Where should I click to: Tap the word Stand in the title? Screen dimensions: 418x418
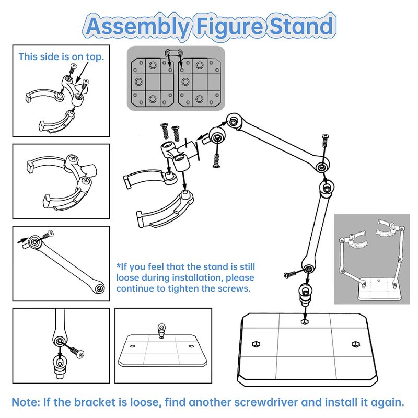coord(301,26)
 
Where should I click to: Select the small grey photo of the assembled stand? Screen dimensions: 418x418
coord(372,258)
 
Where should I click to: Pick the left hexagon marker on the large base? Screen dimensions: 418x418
coord(256,343)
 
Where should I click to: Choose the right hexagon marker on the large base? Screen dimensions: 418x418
coord(356,343)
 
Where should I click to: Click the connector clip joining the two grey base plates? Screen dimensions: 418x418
coord(175,52)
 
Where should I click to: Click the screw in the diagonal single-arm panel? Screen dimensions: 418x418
coord(51,233)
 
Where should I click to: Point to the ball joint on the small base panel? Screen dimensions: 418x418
coord(161,329)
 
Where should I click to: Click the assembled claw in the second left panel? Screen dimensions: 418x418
coord(62,178)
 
